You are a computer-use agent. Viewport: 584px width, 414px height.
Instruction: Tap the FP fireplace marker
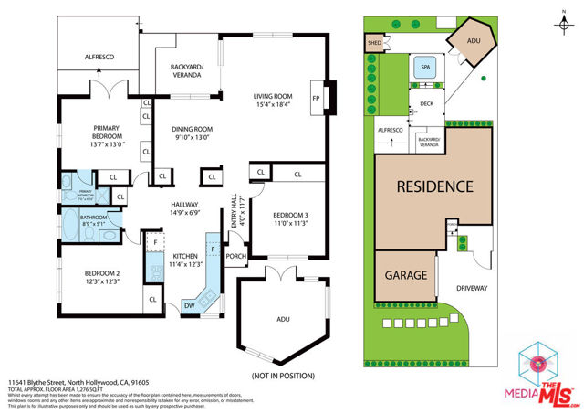point(316,97)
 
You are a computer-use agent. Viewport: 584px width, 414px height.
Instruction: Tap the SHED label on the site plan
point(374,42)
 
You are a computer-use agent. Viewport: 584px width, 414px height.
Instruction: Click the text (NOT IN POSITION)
point(282,377)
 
